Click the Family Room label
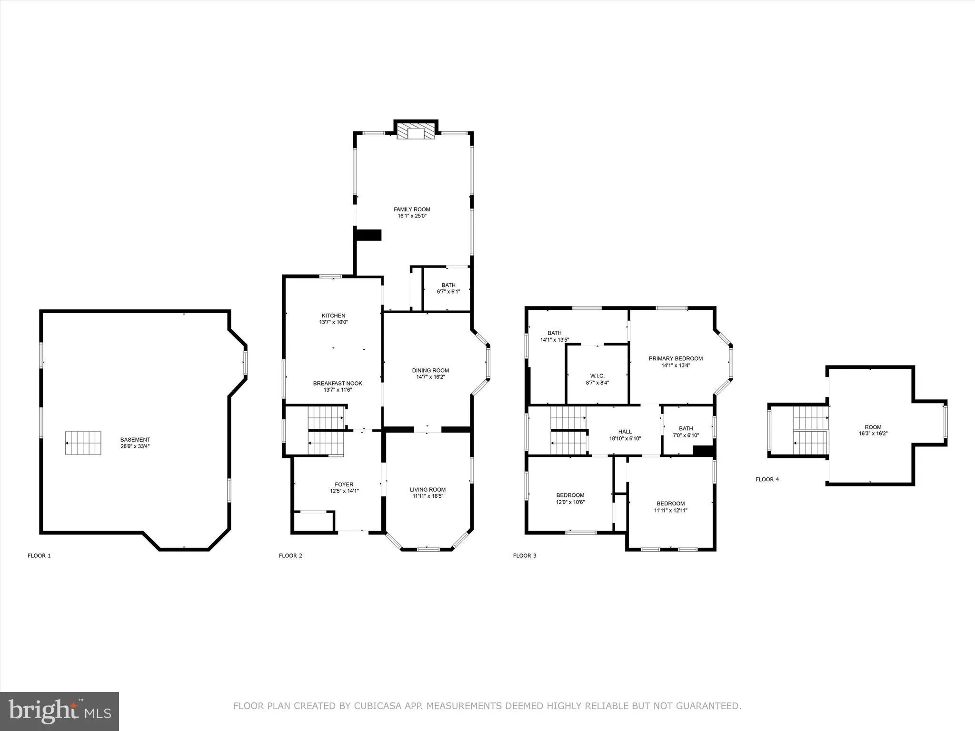412,209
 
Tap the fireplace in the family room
416,132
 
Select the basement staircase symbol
83,443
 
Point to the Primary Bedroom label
676,359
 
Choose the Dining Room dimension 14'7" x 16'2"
430,377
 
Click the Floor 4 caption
767,479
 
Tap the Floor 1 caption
39,555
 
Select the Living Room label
428,490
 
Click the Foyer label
344,484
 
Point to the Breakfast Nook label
338,384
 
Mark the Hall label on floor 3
625,432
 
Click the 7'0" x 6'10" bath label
686,435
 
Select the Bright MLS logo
60,711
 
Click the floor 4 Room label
873,427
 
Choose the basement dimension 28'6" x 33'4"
135,446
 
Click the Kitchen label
333,316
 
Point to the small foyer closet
314,521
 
